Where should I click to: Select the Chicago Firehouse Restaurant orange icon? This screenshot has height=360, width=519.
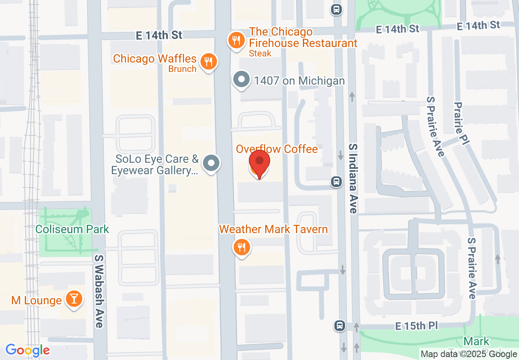tap(236, 40)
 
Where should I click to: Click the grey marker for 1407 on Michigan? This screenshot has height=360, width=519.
tap(241, 79)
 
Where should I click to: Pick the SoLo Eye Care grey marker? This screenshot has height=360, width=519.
tap(211, 163)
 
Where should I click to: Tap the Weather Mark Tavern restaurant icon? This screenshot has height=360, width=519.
tap(241, 247)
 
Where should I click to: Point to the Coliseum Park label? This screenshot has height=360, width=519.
tap(72, 229)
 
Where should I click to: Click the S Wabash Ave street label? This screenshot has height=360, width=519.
tap(99, 291)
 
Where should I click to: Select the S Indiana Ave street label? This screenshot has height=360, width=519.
tap(353, 178)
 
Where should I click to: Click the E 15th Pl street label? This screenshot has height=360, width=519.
tap(416, 326)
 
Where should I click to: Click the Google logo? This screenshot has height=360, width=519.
tap(27, 350)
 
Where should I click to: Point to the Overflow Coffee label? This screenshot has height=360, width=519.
tap(277, 149)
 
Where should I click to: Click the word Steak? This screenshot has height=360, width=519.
tap(260, 53)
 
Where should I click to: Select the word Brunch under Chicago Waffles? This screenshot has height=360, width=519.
tap(182, 69)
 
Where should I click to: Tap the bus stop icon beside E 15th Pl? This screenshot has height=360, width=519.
tap(339, 326)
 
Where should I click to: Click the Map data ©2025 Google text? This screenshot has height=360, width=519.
tap(469, 354)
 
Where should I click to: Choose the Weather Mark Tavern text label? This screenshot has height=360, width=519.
tap(273, 229)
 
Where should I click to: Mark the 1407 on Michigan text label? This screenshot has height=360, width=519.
tap(299, 81)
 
